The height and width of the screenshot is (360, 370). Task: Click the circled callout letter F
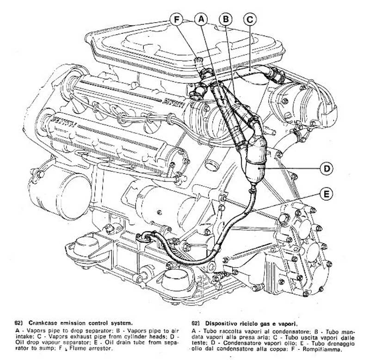pyautogui.click(x=177, y=19)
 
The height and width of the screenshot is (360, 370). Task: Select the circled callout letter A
pyautogui.click(x=201, y=19)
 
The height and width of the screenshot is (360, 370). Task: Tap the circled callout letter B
pyautogui.click(x=226, y=19)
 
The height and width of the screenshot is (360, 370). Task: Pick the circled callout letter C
pyautogui.click(x=250, y=19)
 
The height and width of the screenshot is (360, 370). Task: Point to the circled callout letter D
pyautogui.click(x=327, y=168)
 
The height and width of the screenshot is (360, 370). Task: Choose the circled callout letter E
pyautogui.click(x=326, y=194)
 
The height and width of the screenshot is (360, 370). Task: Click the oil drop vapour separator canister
pyautogui.click(x=256, y=161)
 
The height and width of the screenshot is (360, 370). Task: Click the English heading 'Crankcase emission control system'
pyautogui.click(x=80, y=323)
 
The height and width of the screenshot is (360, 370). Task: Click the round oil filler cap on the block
pyautogui.click(x=211, y=165)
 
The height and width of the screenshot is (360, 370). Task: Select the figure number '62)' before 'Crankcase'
pyautogui.click(x=19, y=323)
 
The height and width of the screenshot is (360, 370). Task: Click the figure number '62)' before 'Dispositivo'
pyautogui.click(x=196, y=323)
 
